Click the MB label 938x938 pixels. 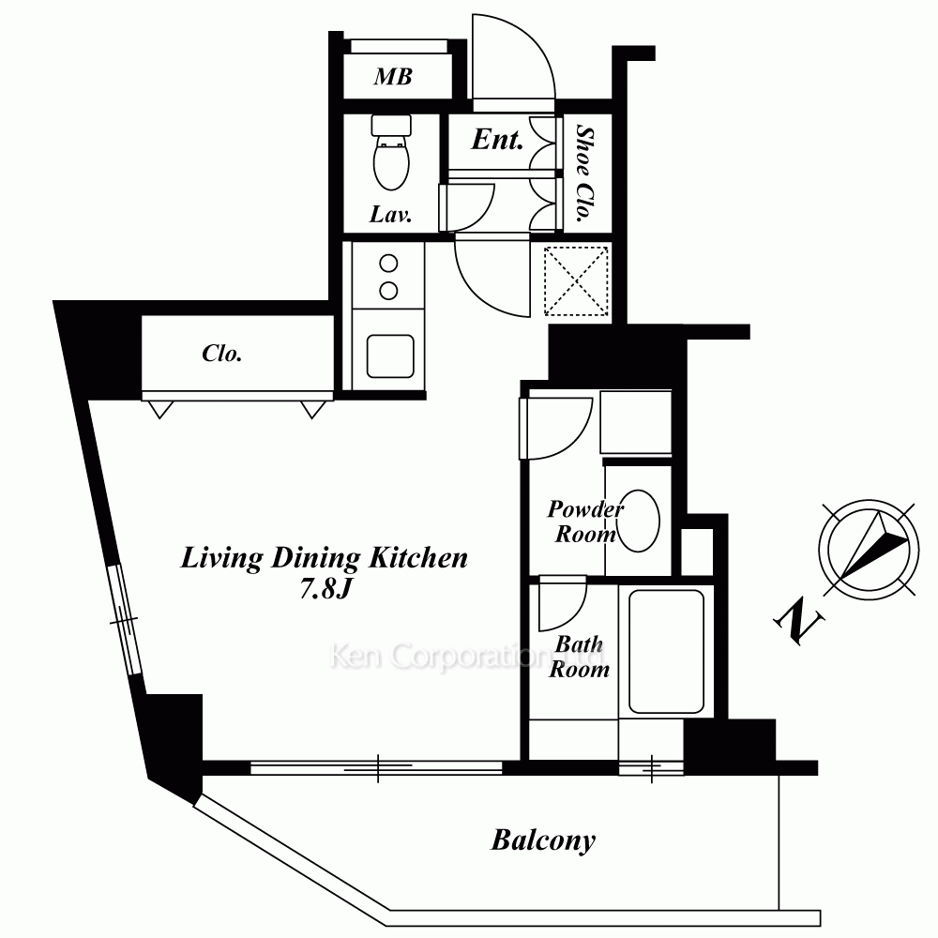pyautogui.click(x=393, y=77)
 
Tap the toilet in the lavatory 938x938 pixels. pyautogui.click(x=391, y=152)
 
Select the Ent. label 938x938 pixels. pyautogui.click(x=497, y=140)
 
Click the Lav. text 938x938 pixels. pyautogui.click(x=390, y=214)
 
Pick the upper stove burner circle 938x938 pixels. pyautogui.click(x=389, y=264)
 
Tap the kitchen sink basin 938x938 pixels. pyautogui.click(x=390, y=356)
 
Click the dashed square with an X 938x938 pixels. pyautogui.click(x=576, y=281)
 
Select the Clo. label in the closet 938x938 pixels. pyautogui.click(x=222, y=354)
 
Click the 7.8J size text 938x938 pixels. pyautogui.click(x=325, y=589)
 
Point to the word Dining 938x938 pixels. pyautogui.click(x=315, y=559)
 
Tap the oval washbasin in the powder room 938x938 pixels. pyautogui.click(x=638, y=521)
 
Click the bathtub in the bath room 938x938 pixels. pyautogui.click(x=666, y=652)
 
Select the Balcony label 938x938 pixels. pyautogui.click(x=543, y=840)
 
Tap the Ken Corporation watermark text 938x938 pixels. pyautogui.click(x=467, y=657)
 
